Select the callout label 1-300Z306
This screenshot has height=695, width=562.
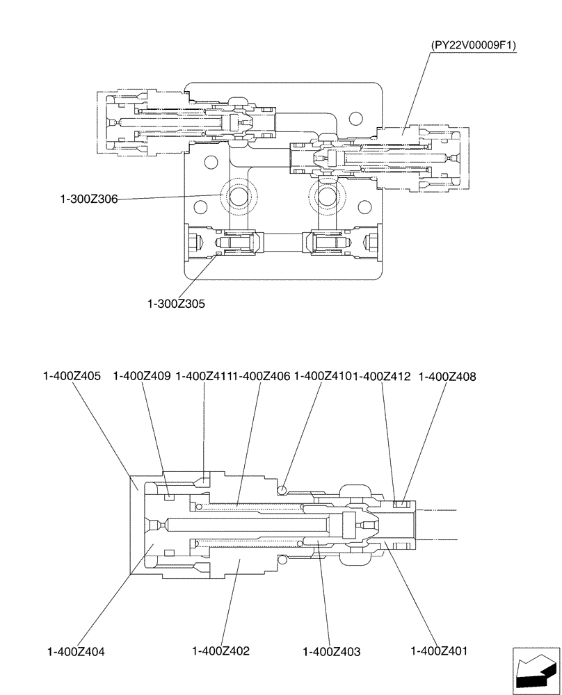pyautogui.click(x=88, y=199)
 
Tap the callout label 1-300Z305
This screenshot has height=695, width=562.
pyautogui.click(x=176, y=304)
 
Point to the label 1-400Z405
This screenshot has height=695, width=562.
pyautogui.click(x=72, y=376)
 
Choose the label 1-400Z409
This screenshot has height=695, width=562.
pyautogui.click(x=141, y=376)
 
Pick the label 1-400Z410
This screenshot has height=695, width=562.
pyautogui.click(x=321, y=376)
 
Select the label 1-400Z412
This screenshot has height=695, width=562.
pyautogui.click(x=382, y=376)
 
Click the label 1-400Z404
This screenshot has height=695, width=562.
pyautogui.click(x=77, y=651)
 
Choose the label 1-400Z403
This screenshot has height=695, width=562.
pyautogui.click(x=332, y=651)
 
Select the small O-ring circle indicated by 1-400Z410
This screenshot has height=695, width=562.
pyautogui.click(x=282, y=489)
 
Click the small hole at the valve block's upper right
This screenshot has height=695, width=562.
pyautogui.click(x=355, y=118)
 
